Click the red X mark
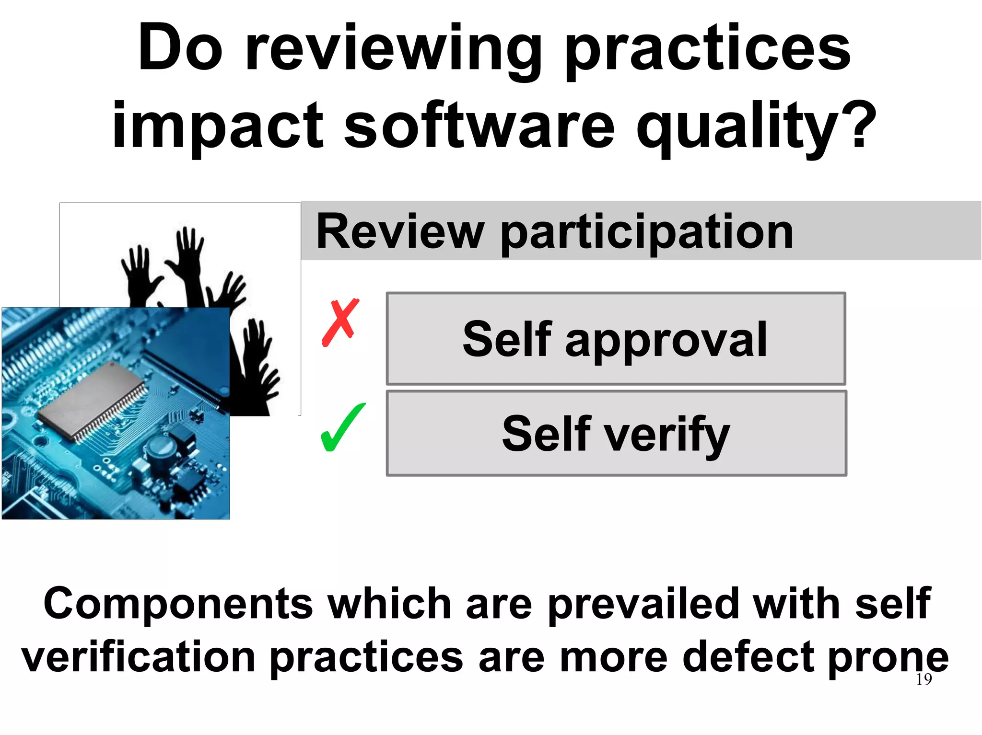point(340,322)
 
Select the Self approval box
point(616,338)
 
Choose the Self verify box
point(616,433)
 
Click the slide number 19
point(924,679)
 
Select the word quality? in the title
point(756,127)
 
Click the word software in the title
point(479,126)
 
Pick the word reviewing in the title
point(393,51)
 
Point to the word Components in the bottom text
point(178,603)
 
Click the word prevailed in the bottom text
point(643,603)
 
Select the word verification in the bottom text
point(139,657)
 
